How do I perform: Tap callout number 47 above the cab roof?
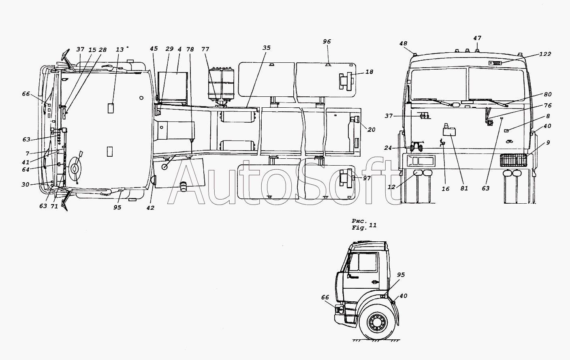(477, 38)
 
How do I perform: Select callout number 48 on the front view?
(403, 43)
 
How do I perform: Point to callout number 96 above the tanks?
(327, 41)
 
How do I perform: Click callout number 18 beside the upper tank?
(369, 72)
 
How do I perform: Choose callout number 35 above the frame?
(266, 47)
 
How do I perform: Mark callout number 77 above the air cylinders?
(205, 49)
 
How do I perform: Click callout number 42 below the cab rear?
(150, 208)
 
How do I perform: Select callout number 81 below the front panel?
(464, 188)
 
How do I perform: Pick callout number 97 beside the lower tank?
(367, 178)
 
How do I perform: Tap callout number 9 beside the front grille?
(548, 143)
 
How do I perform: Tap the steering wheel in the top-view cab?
(75, 168)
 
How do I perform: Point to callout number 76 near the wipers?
(547, 106)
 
